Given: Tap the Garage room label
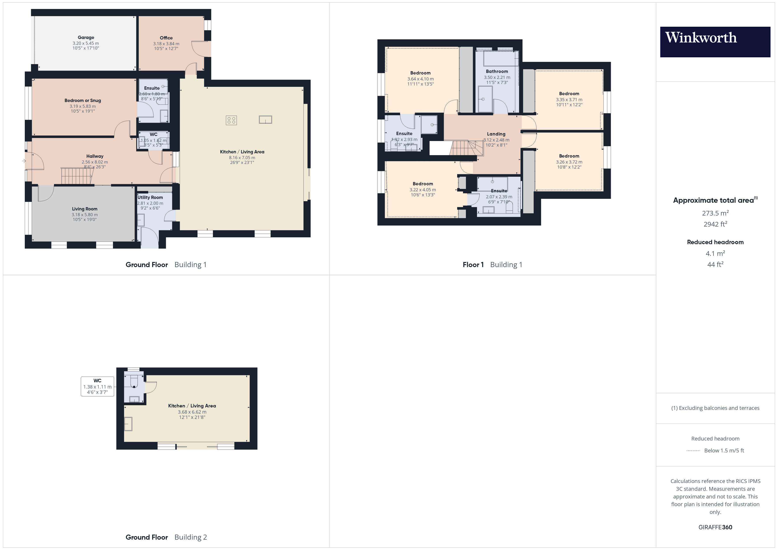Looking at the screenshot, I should tap(86, 38).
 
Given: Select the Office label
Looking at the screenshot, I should tap(166, 38).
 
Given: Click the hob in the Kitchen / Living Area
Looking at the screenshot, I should tap(231, 120).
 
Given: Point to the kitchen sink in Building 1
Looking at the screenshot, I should tap(265, 120).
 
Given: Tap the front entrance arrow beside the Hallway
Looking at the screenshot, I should tap(24, 161).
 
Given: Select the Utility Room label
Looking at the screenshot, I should tap(150, 197).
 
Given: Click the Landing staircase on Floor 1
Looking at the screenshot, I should tap(466, 148).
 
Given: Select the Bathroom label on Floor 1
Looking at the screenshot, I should tap(497, 71).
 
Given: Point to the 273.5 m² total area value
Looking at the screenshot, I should tap(715, 213).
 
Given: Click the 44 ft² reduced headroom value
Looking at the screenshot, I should tap(715, 264).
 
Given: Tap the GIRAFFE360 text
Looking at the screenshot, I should tap(715, 527).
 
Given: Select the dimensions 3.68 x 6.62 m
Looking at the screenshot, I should tap(192, 412).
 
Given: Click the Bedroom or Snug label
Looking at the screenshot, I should tap(83, 100).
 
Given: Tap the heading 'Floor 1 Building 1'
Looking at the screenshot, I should tap(492, 265).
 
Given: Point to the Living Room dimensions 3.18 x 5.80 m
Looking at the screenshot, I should tap(84, 215).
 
